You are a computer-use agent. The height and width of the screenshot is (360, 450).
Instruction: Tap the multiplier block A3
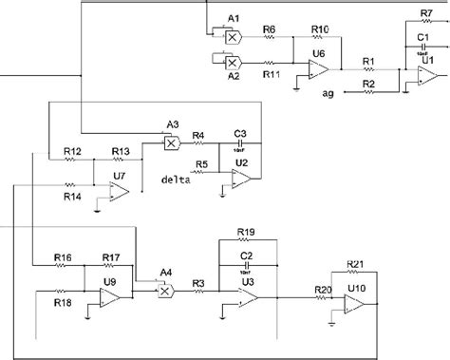click(172, 143)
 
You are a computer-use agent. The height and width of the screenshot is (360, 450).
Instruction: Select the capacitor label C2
click(246, 256)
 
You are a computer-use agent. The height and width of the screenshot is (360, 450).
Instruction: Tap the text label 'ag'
click(328, 93)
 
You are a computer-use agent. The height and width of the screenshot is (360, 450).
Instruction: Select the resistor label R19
click(246, 231)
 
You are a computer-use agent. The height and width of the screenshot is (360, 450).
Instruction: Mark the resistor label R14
click(72, 197)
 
